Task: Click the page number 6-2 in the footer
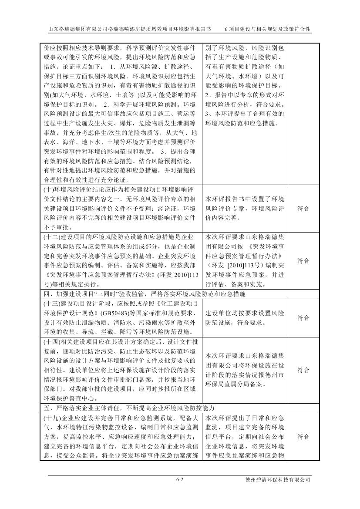tap(180, 479)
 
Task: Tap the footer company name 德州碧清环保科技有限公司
tap(278, 479)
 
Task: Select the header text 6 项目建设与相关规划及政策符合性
tap(268, 29)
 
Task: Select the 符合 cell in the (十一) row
tap(303, 209)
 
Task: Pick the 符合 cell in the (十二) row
tap(303, 261)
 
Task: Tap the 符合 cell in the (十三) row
tap(303, 318)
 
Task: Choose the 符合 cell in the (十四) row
tap(303, 370)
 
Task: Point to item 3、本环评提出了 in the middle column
tap(245, 114)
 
